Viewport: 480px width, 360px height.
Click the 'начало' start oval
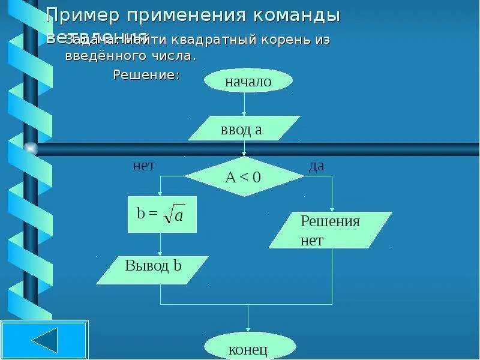point(248,81)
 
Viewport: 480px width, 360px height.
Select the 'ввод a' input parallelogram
point(244,129)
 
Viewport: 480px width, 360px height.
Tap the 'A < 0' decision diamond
point(244,177)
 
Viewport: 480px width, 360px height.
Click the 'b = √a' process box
point(162,215)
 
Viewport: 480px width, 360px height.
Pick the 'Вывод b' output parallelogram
point(152,269)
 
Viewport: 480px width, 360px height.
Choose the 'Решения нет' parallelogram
point(329,230)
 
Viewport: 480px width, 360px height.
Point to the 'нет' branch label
point(143,166)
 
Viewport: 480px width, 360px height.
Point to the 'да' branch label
point(316,166)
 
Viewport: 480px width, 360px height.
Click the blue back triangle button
point(44,340)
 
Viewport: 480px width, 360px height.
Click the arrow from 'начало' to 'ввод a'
point(244,104)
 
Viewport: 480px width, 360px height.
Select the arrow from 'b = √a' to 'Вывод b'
point(160,245)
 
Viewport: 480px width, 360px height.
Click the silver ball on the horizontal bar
point(31,148)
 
